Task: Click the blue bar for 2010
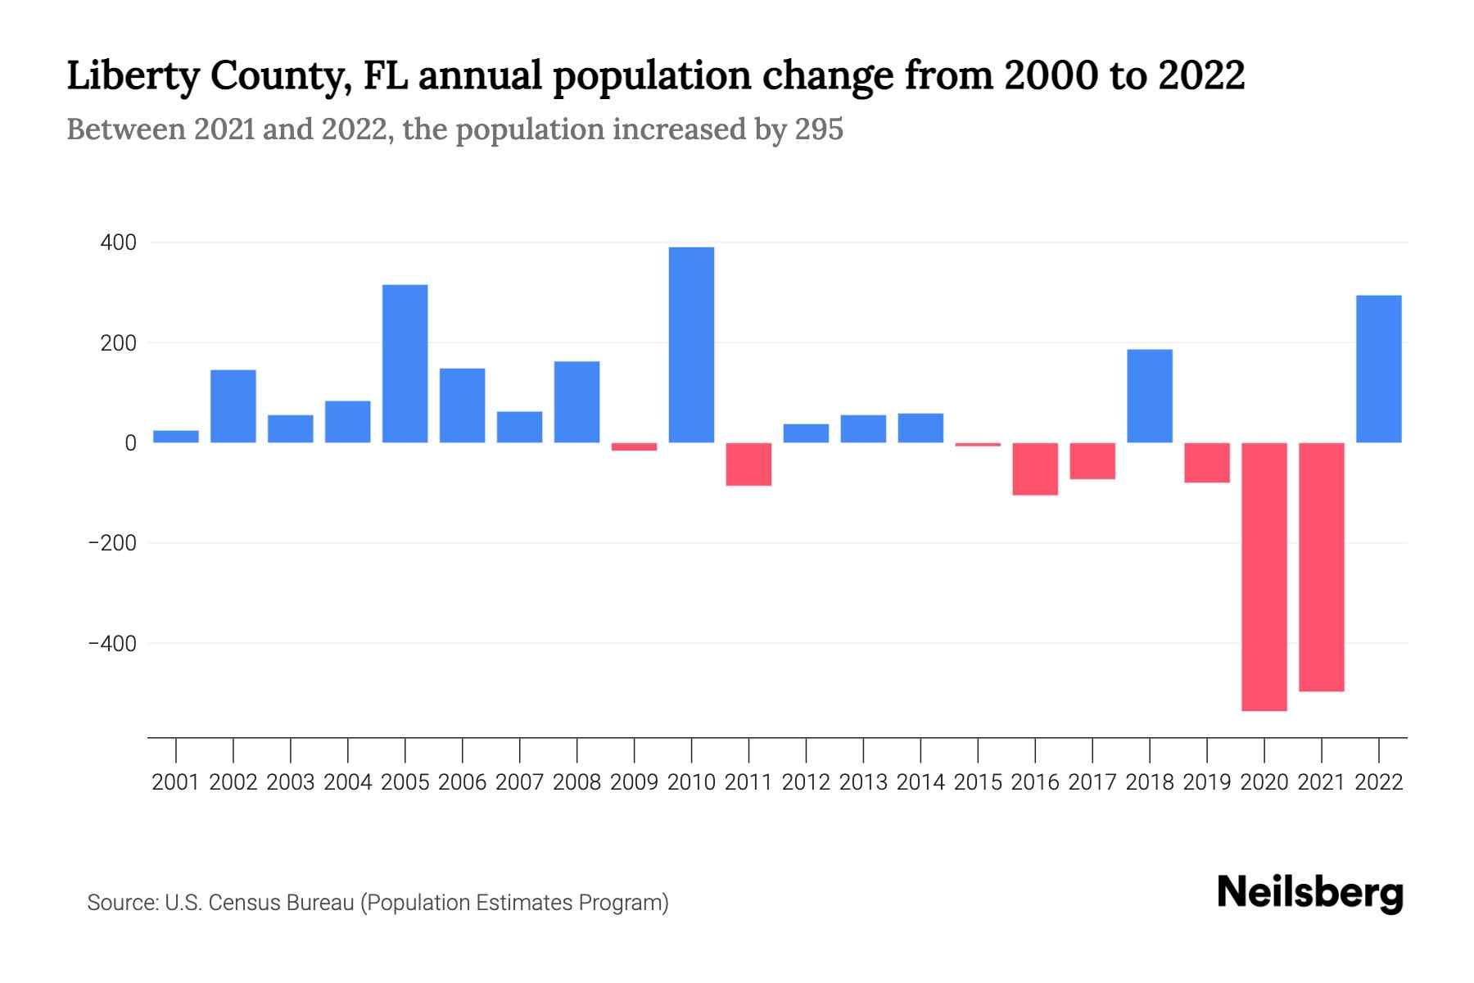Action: (x=691, y=345)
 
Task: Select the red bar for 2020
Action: (x=1264, y=577)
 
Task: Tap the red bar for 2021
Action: (x=1321, y=567)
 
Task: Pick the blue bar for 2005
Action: (x=405, y=364)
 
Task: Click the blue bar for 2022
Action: (x=1378, y=369)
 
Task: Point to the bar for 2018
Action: (x=1149, y=396)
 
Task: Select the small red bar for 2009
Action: (x=634, y=447)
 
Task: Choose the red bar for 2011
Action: (x=748, y=464)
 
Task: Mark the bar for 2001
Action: (x=176, y=437)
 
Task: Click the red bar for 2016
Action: (x=1034, y=469)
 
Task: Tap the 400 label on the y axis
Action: (x=119, y=243)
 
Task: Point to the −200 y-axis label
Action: (x=113, y=543)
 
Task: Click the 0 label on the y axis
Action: (x=130, y=443)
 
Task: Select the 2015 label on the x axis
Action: (x=978, y=782)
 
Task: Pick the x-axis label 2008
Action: (x=576, y=782)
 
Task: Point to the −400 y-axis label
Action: (x=113, y=644)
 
